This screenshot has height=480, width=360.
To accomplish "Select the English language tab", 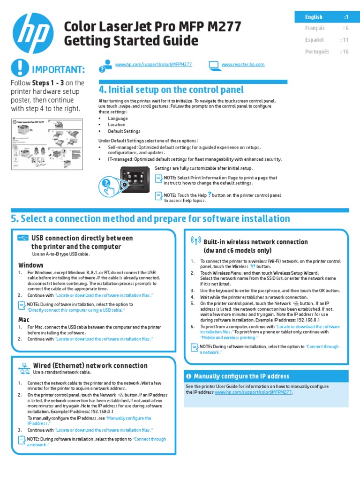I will point(322,17).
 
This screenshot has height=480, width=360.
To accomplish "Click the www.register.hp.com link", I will point(243,64).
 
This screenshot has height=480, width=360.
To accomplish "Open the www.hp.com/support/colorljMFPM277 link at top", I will point(153,64).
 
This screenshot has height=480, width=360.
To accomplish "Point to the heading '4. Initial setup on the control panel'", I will point(171,90).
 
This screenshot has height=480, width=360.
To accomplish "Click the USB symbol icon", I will point(22,238).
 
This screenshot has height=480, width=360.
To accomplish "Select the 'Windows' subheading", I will point(31,265).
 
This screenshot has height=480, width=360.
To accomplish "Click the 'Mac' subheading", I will point(23,320).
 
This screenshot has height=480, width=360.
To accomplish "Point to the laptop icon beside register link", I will point(213,65).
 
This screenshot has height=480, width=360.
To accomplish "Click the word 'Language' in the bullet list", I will point(118,119).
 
